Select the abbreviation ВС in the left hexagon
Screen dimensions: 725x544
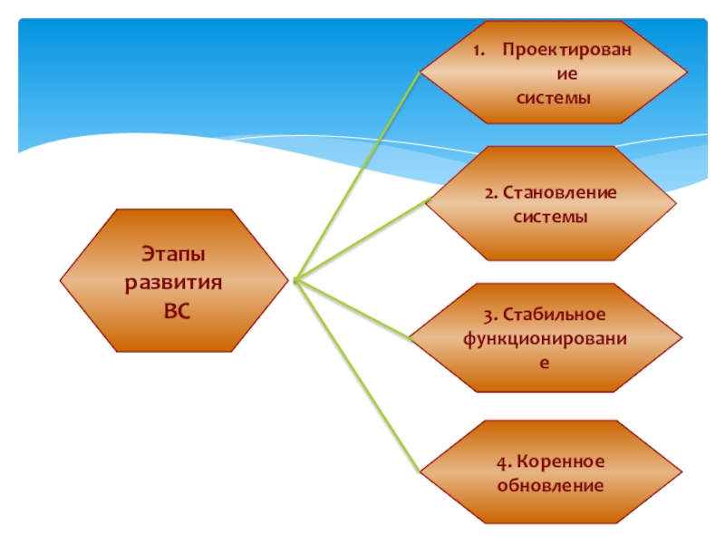[178, 309]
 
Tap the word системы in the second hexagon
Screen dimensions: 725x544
[551, 217]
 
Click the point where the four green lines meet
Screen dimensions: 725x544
[296, 279]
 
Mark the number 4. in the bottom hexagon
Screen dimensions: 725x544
[502, 462]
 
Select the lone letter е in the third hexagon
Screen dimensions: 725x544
[545, 361]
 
